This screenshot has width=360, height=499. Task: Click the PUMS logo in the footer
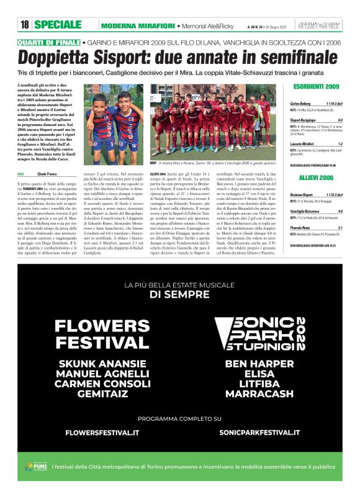[35, 467]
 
